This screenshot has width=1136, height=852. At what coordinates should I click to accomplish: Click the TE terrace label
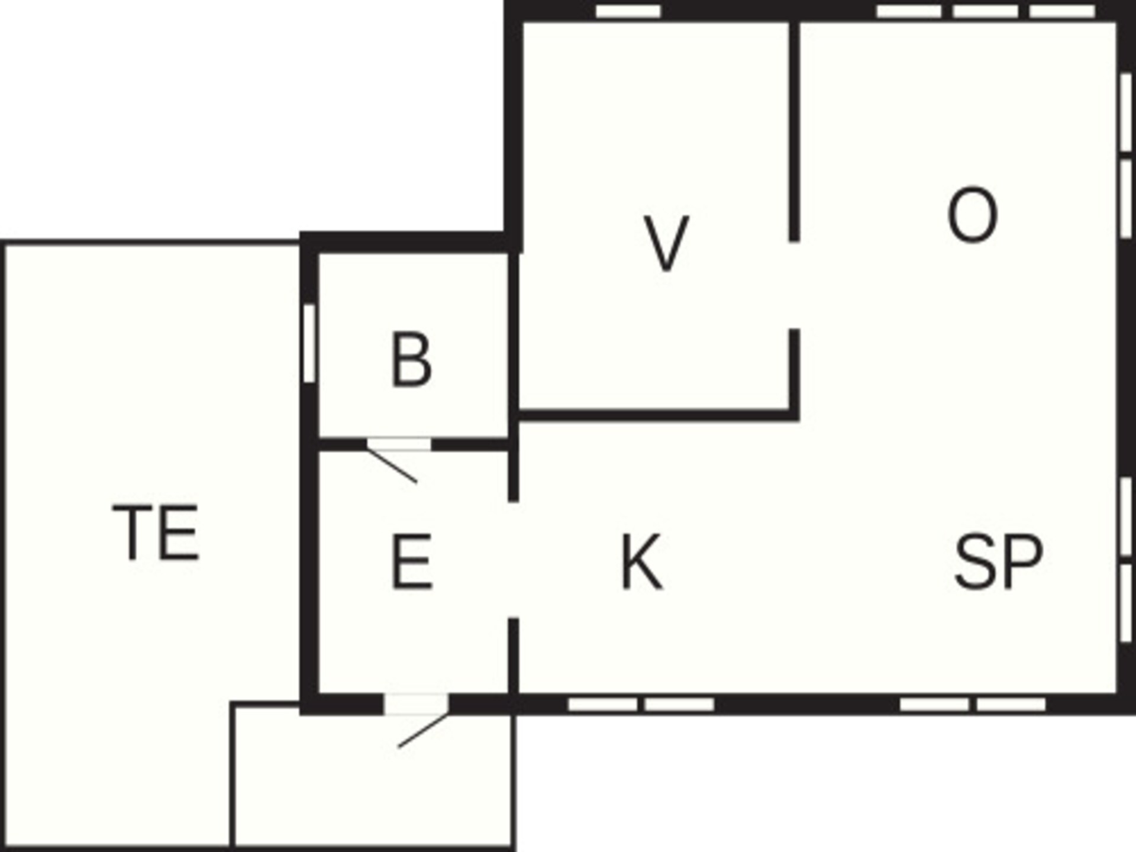click(x=156, y=532)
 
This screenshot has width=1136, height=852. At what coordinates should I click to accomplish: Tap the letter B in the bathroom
click(x=411, y=360)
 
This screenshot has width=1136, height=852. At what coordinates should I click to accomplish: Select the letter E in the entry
click(x=411, y=561)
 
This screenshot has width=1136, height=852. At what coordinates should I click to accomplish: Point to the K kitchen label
click(x=642, y=561)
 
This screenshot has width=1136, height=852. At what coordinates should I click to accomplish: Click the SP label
click(x=999, y=561)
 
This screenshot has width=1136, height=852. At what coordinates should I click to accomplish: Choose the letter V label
click(x=666, y=243)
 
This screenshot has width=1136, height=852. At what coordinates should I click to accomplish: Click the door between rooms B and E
click(x=398, y=445)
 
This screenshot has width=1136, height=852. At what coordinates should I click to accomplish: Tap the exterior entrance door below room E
click(x=416, y=704)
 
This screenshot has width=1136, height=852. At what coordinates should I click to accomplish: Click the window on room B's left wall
click(x=309, y=343)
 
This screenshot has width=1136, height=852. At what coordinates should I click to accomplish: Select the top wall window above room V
click(x=628, y=11)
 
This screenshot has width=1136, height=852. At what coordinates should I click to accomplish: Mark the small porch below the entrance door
click(x=373, y=775)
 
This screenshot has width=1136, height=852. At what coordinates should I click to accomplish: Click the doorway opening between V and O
click(x=795, y=285)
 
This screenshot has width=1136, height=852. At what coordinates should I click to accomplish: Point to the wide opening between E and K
click(x=514, y=560)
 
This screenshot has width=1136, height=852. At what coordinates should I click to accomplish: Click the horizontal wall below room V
click(x=657, y=415)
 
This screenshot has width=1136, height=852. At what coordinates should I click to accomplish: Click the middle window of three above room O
click(x=985, y=11)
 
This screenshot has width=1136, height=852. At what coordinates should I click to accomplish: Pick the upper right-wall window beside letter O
click(x=1126, y=112)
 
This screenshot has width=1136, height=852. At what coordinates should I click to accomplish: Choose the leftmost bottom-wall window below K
click(x=602, y=704)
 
